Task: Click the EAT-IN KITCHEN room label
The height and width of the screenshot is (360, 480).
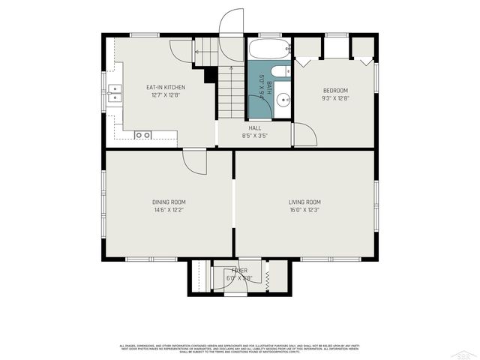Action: point(165,87)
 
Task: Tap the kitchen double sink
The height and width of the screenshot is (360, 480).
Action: point(115,93)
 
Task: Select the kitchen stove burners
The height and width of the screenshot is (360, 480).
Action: point(142,135)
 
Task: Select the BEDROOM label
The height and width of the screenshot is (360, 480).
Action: point(335,90)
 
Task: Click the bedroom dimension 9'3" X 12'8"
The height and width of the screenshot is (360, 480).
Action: point(335,97)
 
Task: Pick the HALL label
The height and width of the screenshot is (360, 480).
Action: point(255,128)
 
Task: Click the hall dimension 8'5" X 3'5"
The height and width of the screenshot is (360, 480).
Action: point(255,136)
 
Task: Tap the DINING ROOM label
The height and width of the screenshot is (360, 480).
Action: point(169,202)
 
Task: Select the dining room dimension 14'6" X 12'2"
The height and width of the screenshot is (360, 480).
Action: point(169,210)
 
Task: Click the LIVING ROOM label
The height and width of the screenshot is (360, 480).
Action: point(304,202)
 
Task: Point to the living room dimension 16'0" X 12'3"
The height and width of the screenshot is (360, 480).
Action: point(304,210)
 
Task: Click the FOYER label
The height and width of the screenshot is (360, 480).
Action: point(239,270)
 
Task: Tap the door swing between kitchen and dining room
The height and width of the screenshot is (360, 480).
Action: point(195,161)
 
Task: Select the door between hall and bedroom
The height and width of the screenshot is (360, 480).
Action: point(304,135)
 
